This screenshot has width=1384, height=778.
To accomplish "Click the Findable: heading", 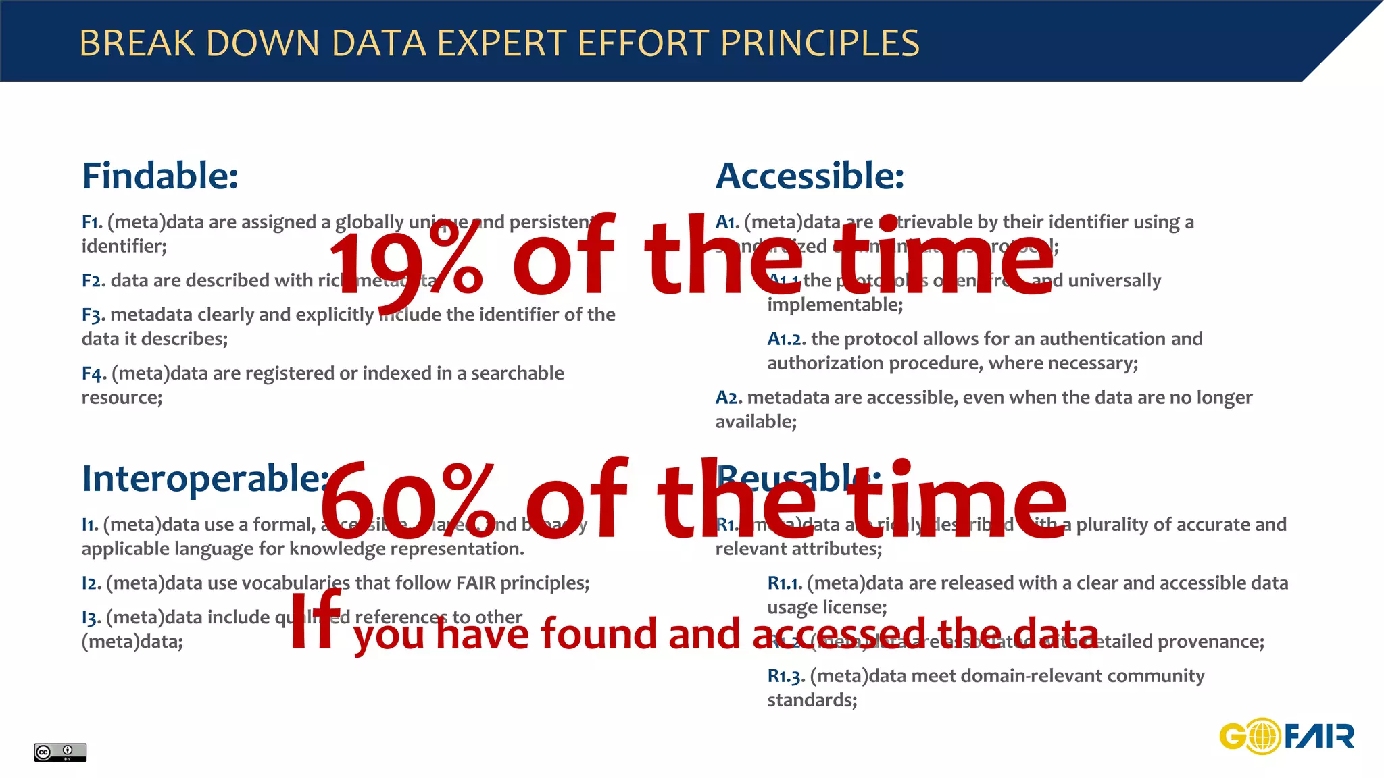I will click(x=160, y=176).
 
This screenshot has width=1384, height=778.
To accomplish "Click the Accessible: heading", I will click(x=810, y=176).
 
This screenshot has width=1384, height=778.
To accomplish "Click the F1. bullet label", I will click(x=92, y=222).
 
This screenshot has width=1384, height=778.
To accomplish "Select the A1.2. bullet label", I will click(x=786, y=339).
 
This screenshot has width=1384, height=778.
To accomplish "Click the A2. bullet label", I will click(x=728, y=398).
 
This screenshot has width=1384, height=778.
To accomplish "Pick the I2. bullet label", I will click(x=91, y=583).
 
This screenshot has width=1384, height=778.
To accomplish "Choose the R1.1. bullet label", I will click(x=785, y=583).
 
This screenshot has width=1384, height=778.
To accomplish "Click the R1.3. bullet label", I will click(x=786, y=676).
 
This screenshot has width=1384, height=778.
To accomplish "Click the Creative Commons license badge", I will click(x=60, y=752).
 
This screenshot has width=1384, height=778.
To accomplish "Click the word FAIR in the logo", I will click(x=1319, y=736).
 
